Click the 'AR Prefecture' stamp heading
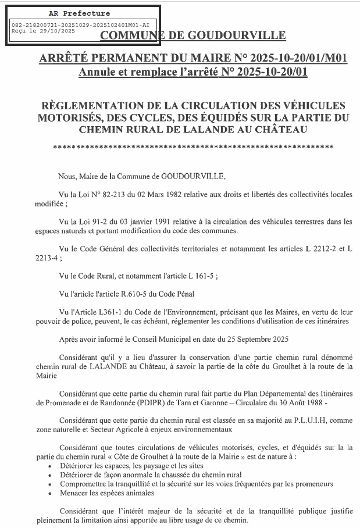coord(80,13)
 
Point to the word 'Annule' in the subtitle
coord(98,73)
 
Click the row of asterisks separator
coord(198,148)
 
